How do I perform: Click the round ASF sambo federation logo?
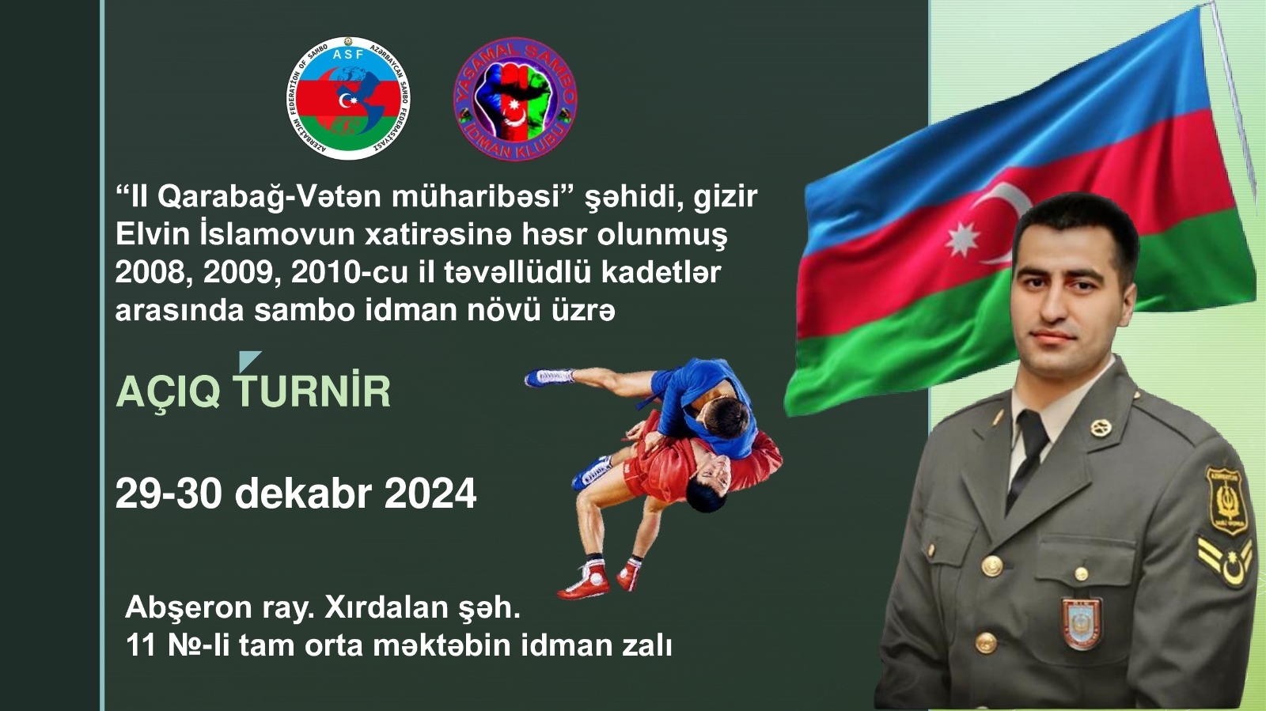(x=348, y=98)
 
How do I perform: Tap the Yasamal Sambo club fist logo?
(x=514, y=98)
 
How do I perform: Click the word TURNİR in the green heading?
(x=312, y=391)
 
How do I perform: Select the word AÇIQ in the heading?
(x=168, y=391)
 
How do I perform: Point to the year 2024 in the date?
(x=430, y=494)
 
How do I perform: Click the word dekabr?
(x=303, y=494)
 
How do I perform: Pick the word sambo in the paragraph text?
(x=305, y=310)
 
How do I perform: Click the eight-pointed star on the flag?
(x=963, y=238)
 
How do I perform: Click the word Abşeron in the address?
(x=188, y=607)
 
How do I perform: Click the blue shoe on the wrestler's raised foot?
(x=548, y=376)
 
